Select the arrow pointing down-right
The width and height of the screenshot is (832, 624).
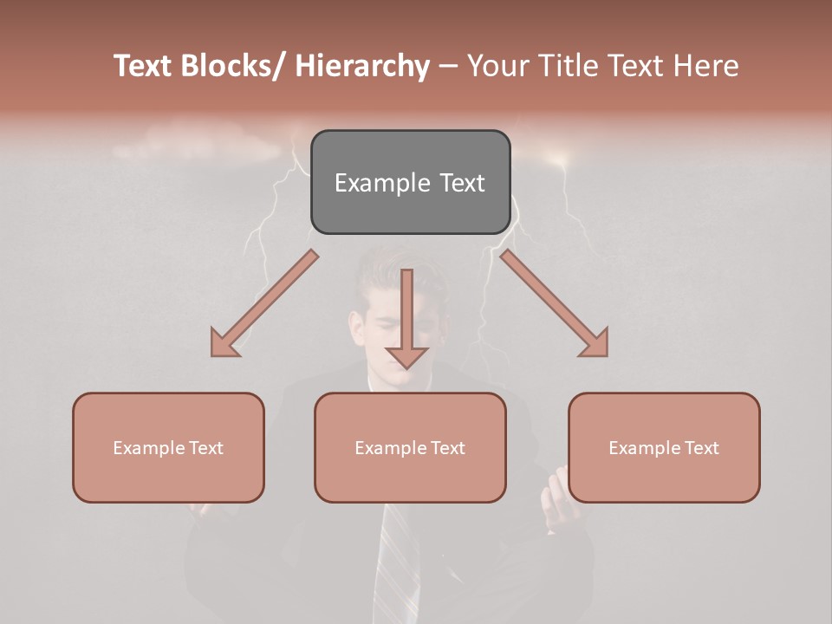pos(555,303)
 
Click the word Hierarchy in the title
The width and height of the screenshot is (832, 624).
pos(362,67)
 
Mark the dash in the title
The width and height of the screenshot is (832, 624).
pos(448,67)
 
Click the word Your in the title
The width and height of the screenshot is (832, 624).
pos(496,67)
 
